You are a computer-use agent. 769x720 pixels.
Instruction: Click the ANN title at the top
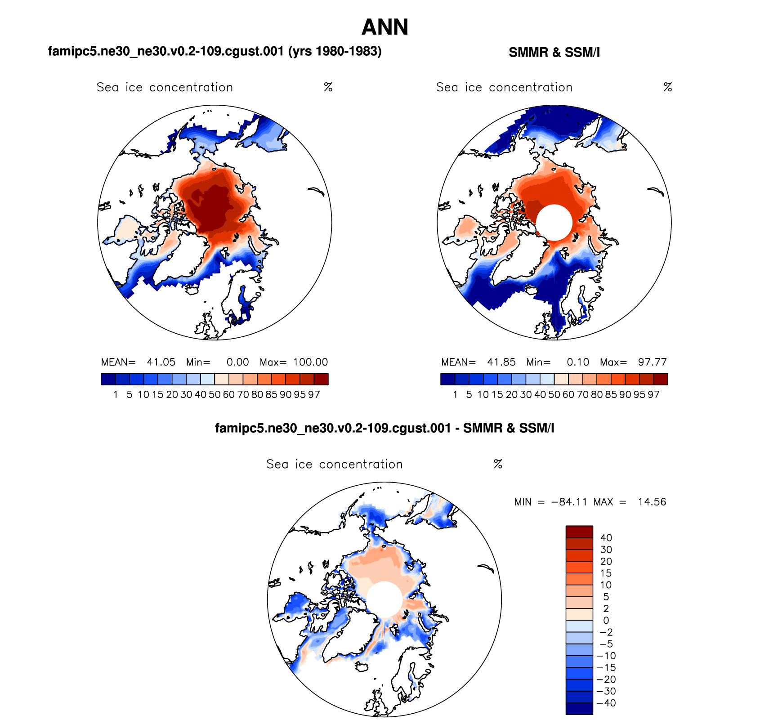click(x=385, y=27)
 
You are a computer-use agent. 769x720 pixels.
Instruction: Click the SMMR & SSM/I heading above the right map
click(x=554, y=53)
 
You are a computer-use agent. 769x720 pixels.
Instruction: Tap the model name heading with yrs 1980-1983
click(x=215, y=51)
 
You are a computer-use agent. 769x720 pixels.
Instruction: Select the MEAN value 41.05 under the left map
click(x=161, y=362)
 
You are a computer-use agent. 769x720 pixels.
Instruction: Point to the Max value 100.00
click(x=311, y=362)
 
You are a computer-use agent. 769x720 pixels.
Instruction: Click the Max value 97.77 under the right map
click(x=652, y=362)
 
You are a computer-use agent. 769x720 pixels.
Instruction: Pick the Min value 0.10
click(x=577, y=362)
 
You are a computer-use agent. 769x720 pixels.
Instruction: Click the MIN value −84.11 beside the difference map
click(x=569, y=502)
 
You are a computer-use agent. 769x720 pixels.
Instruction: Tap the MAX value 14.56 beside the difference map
click(x=652, y=502)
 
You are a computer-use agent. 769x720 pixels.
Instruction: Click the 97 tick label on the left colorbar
click(x=314, y=395)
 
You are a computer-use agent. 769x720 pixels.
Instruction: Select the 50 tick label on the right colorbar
click(x=554, y=395)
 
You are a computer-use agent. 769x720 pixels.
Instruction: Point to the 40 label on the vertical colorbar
click(x=606, y=538)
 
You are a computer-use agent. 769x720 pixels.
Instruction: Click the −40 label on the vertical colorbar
click(x=606, y=703)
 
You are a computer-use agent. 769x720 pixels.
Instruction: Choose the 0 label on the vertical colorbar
click(x=606, y=621)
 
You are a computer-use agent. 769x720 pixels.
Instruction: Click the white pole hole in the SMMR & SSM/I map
click(x=554, y=223)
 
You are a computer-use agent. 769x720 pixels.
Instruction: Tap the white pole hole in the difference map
click(x=384, y=599)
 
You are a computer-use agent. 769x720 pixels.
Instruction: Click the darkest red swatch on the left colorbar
click(x=321, y=379)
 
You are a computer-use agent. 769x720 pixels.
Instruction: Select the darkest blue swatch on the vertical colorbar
click(x=579, y=709)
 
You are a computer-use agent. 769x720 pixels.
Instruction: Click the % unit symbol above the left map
click(x=328, y=87)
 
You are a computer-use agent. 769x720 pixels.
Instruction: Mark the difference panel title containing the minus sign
click(x=384, y=428)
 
